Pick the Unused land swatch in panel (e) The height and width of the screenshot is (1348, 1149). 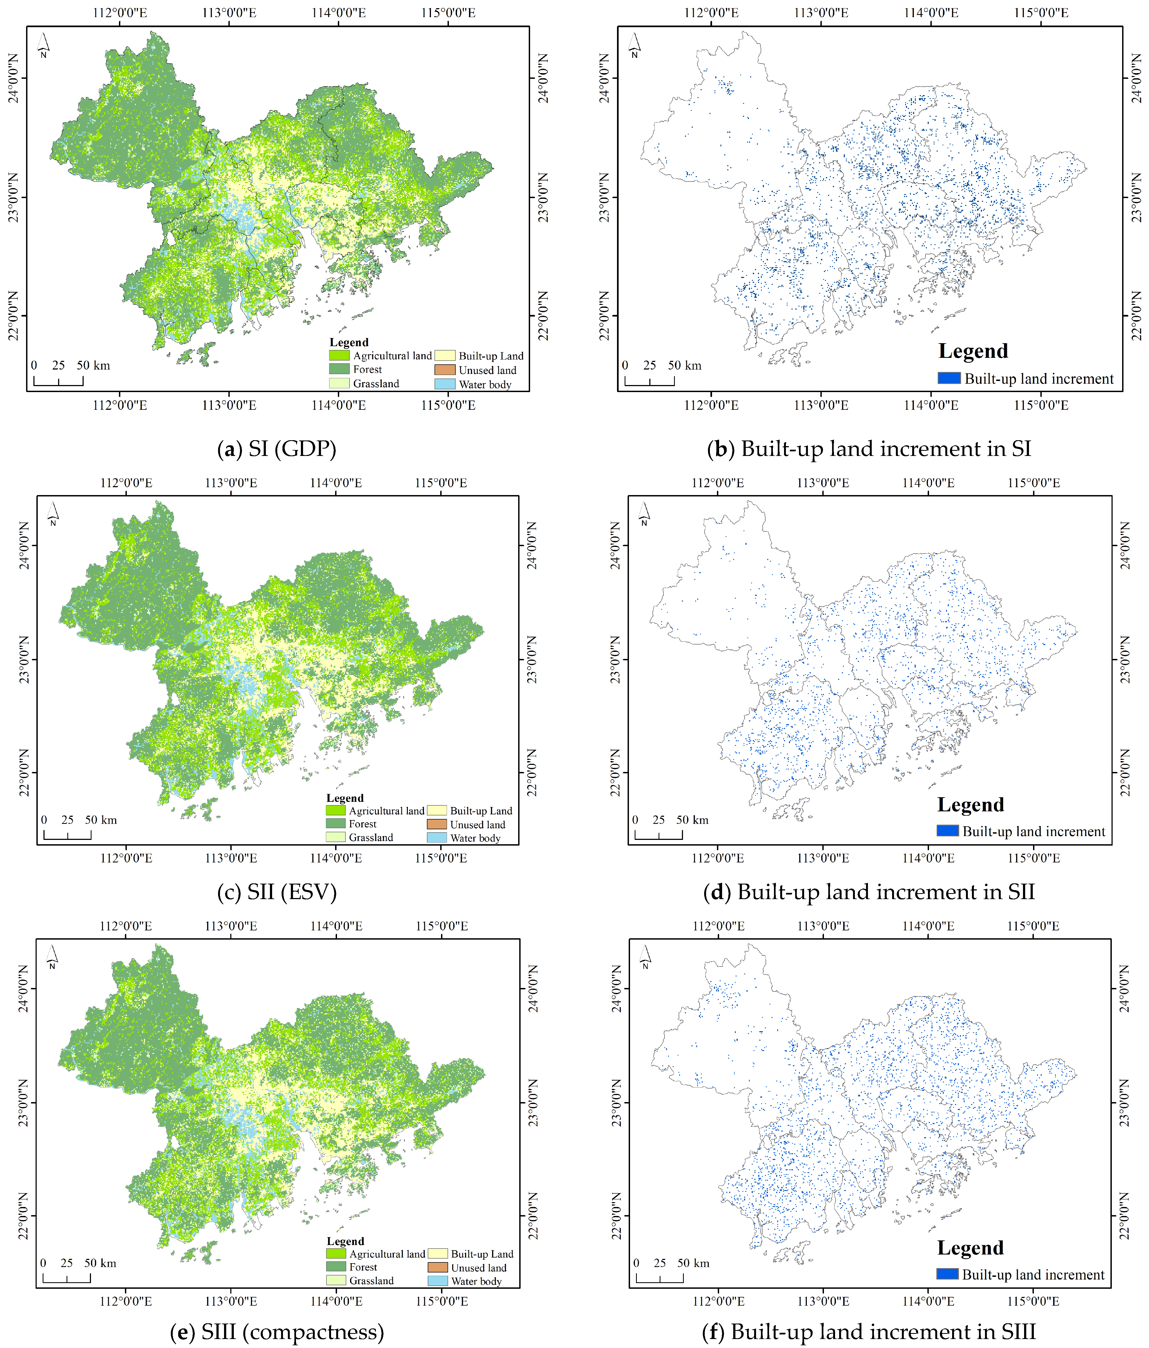pyautogui.click(x=437, y=1267)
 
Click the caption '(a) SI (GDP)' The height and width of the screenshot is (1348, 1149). pyautogui.click(x=276, y=449)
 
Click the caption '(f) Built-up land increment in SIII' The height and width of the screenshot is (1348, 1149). pyautogui.click(x=869, y=1332)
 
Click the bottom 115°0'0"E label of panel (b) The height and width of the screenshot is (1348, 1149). pyautogui.click(x=1041, y=405)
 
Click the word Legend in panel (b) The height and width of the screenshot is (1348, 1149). pyautogui.click(x=973, y=351)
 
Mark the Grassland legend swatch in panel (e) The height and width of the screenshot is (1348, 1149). pyautogui.click(x=336, y=1280)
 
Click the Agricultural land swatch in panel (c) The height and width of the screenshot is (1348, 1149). pyautogui.click(x=336, y=811)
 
